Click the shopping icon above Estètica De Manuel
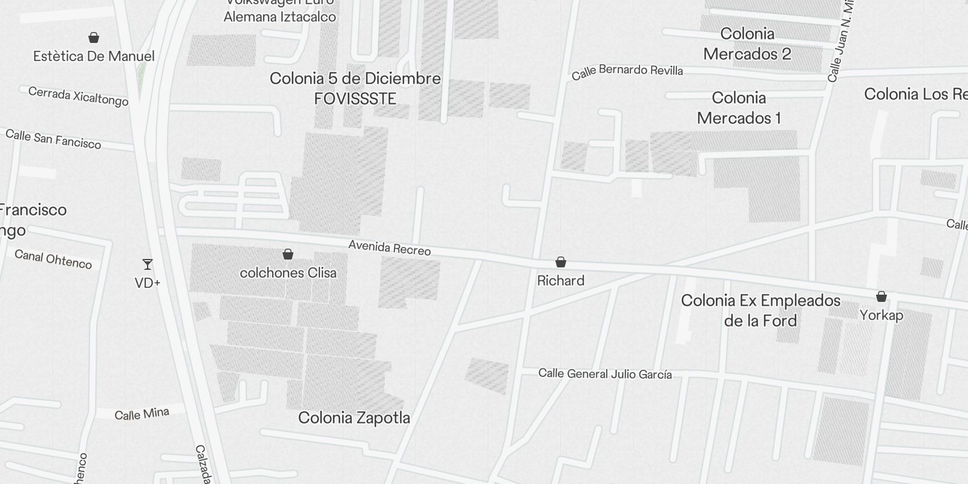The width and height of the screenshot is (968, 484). point(94,38)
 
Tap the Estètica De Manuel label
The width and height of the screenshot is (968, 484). point(94,56)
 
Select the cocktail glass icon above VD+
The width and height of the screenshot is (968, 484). point(147,264)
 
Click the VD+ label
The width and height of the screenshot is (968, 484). point(147,283)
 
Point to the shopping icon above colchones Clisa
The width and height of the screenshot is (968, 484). point(288,254)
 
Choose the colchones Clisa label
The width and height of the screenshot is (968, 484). point(288,273)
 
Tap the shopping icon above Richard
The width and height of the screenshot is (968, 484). point(561,262)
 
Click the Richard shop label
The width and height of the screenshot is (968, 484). point(561,281)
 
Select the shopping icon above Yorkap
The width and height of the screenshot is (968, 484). point(881,296)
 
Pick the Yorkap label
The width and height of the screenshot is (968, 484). point(881,315)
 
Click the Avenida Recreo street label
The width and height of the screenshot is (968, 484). point(390,248)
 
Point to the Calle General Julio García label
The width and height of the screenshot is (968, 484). point(605,374)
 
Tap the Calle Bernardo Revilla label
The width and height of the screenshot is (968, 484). point(627,71)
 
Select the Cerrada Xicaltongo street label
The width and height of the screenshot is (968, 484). point(78,96)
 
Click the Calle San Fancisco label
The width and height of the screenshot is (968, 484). point(53,139)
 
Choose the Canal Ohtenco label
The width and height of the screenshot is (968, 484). point(53,259)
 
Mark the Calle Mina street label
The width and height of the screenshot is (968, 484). point(142,414)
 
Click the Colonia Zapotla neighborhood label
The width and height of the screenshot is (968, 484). point(354,417)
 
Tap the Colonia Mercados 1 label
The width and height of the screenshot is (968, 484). point(739,108)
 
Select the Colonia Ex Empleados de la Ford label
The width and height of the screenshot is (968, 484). point(760,310)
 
